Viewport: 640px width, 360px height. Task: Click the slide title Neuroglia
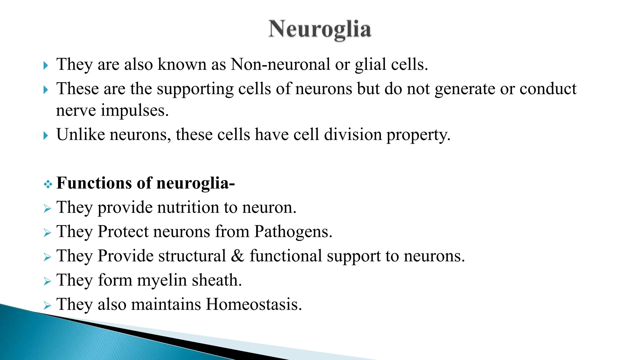(x=320, y=29)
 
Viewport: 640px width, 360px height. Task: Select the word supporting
(x=195, y=89)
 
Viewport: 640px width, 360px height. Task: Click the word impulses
(x=135, y=111)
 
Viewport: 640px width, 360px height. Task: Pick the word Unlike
(x=81, y=135)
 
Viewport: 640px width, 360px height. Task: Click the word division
(x=353, y=135)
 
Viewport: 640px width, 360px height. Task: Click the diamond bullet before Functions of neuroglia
(x=48, y=184)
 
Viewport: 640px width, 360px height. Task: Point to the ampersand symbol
(x=237, y=256)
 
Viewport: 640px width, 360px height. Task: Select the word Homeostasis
(x=253, y=304)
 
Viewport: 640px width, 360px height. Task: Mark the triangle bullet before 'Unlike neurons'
(x=46, y=136)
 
